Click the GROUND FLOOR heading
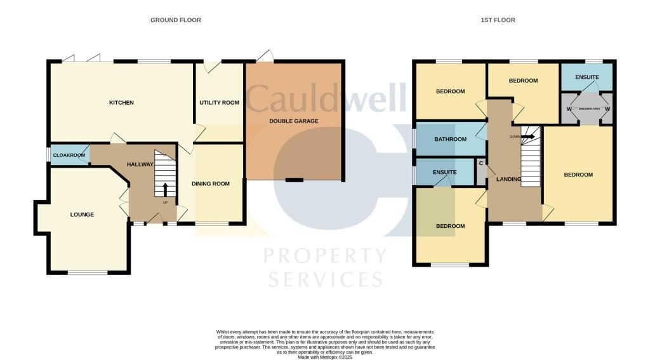[175, 20]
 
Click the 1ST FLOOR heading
[498, 20]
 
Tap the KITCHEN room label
[121, 103]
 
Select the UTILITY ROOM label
[219, 103]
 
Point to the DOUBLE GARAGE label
[293, 121]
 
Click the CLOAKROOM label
[69, 155]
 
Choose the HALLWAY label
[140, 164]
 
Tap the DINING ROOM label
[211, 184]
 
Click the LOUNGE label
[82, 215]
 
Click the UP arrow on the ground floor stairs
[166, 189]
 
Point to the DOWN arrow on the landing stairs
[527, 135]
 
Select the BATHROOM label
[450, 140]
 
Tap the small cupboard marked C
[481, 164]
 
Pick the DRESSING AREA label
[587, 107]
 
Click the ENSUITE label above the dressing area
[587, 77]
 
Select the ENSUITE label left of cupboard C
[444, 171]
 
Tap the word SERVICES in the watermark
[326, 279]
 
